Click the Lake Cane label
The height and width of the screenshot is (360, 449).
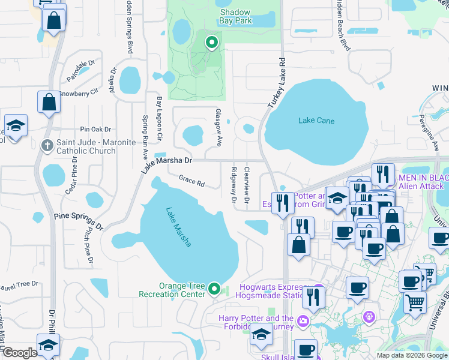point(316,121)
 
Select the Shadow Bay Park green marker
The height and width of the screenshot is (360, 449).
point(211,43)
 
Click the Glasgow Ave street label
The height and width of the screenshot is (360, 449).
point(218,128)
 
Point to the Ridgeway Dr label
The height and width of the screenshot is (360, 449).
point(234,184)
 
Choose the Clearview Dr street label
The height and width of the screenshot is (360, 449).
point(247,184)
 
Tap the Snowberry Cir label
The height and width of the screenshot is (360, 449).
point(78,94)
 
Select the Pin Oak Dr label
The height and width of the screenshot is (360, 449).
point(95,129)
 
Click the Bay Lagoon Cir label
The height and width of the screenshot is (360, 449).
point(160,119)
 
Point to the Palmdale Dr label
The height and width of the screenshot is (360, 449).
point(81,71)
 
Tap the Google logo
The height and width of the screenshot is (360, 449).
point(20,353)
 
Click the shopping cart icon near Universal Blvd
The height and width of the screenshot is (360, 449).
point(415,303)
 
